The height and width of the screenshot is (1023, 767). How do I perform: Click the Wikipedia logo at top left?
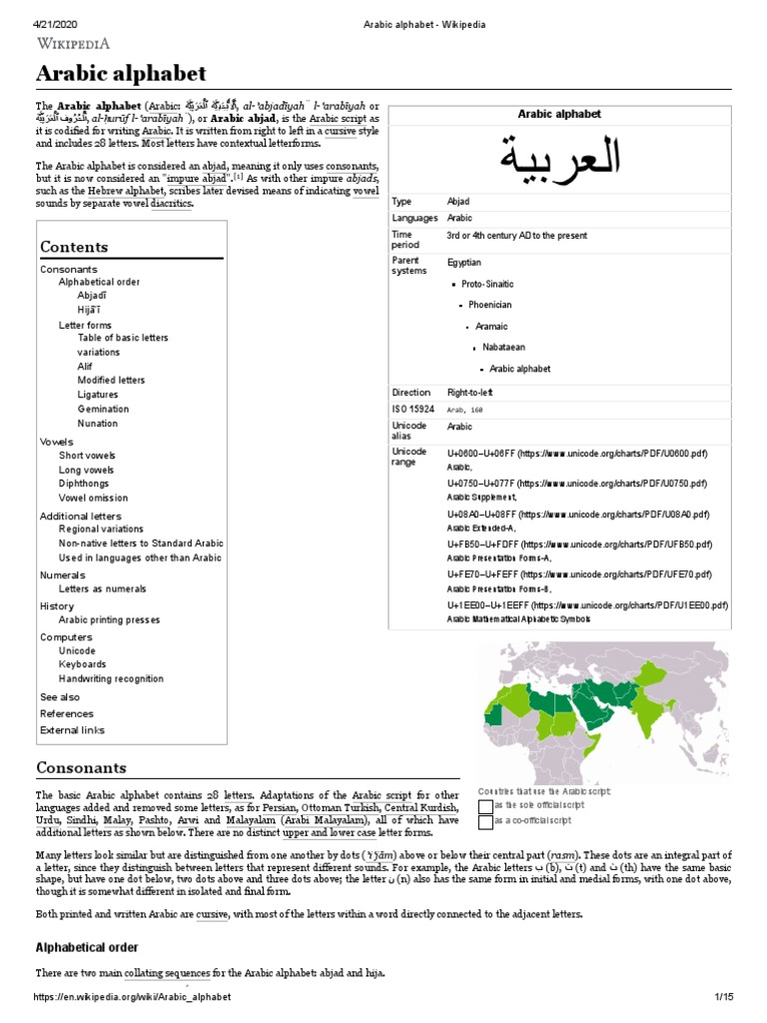click(73, 43)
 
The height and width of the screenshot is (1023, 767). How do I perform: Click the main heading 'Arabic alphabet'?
click(121, 73)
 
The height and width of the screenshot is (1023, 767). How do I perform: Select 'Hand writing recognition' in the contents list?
click(111, 678)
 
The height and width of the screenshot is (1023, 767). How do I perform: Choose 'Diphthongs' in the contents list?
click(87, 484)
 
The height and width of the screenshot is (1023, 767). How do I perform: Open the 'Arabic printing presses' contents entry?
click(109, 619)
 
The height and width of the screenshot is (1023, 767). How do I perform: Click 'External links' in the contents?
click(72, 730)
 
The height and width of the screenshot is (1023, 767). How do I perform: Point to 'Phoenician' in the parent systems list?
click(489, 305)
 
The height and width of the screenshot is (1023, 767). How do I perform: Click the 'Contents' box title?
click(74, 247)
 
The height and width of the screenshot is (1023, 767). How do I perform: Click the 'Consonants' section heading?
click(81, 767)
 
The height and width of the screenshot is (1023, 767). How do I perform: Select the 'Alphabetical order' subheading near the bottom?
click(87, 947)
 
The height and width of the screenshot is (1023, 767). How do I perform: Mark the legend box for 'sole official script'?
click(485, 806)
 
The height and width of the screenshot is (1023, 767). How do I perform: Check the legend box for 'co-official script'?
click(485, 822)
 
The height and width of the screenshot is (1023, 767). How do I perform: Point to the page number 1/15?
click(723, 998)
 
